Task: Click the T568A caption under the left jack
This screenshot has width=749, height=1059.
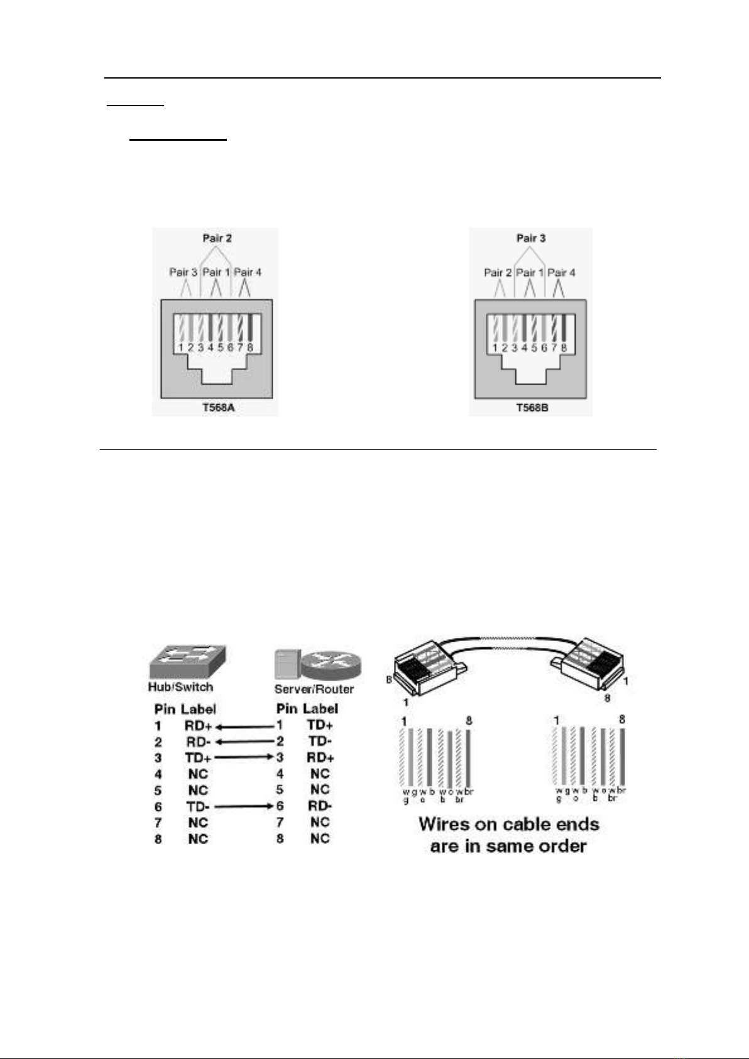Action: pyautogui.click(x=217, y=407)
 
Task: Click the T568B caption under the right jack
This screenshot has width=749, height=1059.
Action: pyautogui.click(x=532, y=407)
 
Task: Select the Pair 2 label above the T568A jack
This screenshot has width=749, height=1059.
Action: pyautogui.click(x=217, y=238)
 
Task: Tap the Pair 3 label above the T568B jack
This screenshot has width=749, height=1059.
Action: pyautogui.click(x=531, y=238)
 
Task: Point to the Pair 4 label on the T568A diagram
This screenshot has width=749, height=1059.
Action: pyautogui.click(x=248, y=272)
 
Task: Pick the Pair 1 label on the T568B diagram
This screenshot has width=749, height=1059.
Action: pyautogui.click(x=530, y=272)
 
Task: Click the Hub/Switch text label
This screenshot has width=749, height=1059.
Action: pyautogui.click(x=180, y=687)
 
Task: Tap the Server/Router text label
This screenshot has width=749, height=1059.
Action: pyautogui.click(x=314, y=689)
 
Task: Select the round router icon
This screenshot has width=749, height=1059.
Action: pyautogui.click(x=332, y=665)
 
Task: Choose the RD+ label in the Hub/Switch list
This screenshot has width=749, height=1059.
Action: pyautogui.click(x=199, y=725)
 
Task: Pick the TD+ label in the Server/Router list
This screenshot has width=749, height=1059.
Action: pyautogui.click(x=320, y=725)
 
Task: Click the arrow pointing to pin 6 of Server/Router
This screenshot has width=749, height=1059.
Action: pyautogui.click(x=244, y=806)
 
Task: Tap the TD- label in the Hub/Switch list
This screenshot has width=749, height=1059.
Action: pyautogui.click(x=199, y=806)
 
